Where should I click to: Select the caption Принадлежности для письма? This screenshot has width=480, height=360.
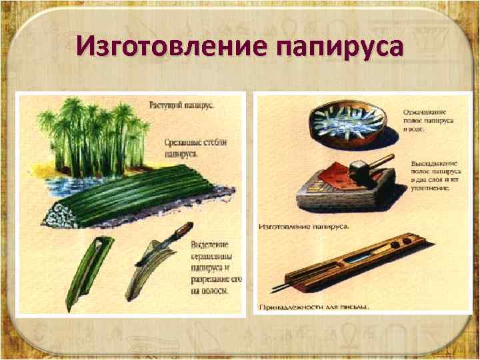click(313, 307)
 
